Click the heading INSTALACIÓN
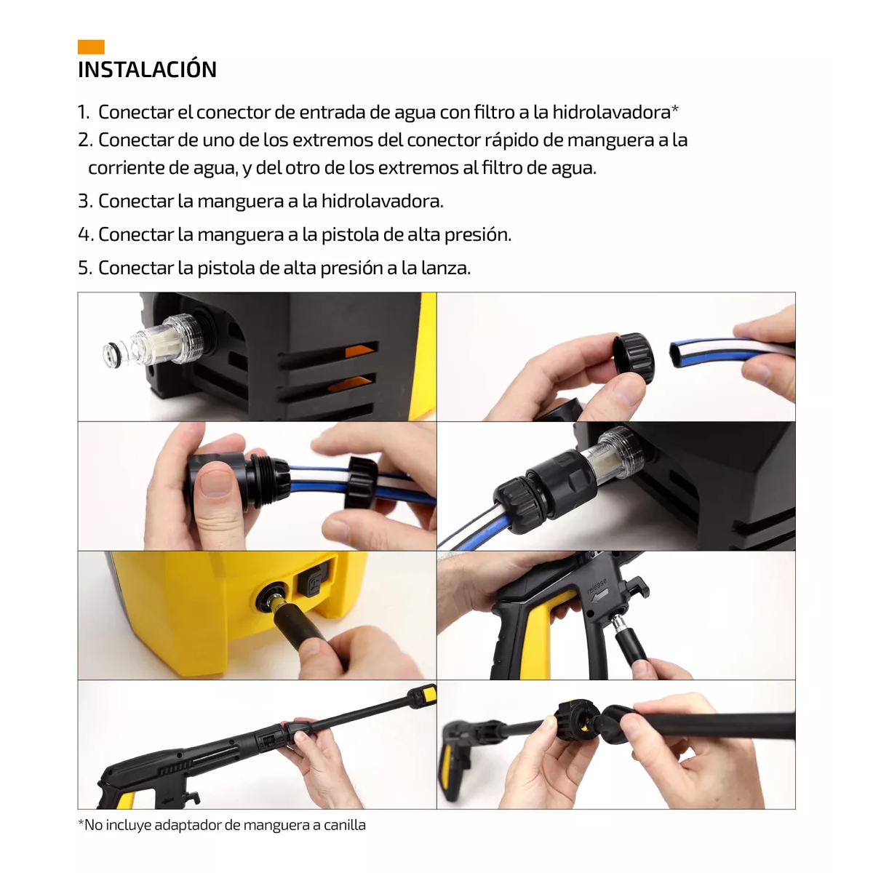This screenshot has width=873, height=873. pyautogui.click(x=147, y=70)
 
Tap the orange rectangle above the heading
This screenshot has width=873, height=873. pyautogui.click(x=91, y=47)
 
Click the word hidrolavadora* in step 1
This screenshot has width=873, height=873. pyautogui.click(x=615, y=112)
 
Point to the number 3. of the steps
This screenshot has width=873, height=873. pyautogui.click(x=85, y=202)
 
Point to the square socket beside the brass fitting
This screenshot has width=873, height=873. pyautogui.click(x=311, y=581)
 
